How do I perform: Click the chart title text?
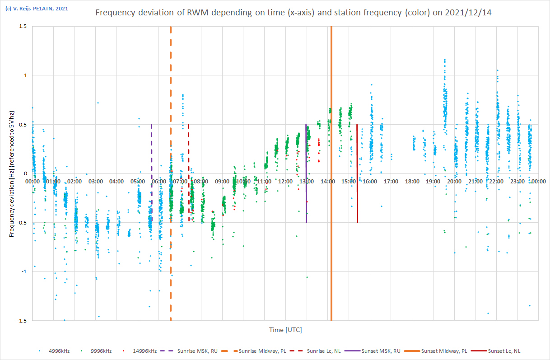click(293, 13)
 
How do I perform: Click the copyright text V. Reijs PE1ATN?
click(37, 8)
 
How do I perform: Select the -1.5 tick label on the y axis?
click(21, 321)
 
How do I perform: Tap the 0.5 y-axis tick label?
click(22, 124)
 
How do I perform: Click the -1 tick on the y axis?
click(23, 271)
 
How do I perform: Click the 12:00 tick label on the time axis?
click(286, 182)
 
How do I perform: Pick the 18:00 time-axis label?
click(412, 182)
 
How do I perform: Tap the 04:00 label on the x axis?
click(117, 182)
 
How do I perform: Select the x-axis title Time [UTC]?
click(285, 330)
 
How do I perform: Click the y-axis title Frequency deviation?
click(12, 174)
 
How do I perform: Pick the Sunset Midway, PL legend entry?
click(440, 351)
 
